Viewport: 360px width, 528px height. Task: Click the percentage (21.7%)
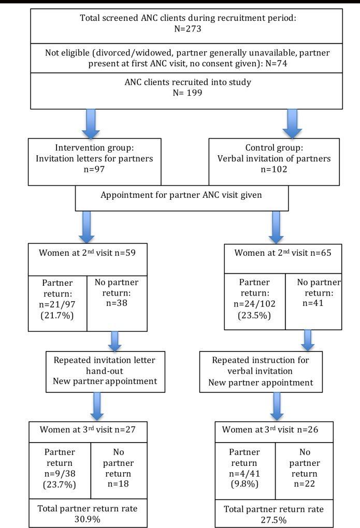[x=57, y=312]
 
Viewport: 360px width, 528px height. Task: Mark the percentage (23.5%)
[x=254, y=312]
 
